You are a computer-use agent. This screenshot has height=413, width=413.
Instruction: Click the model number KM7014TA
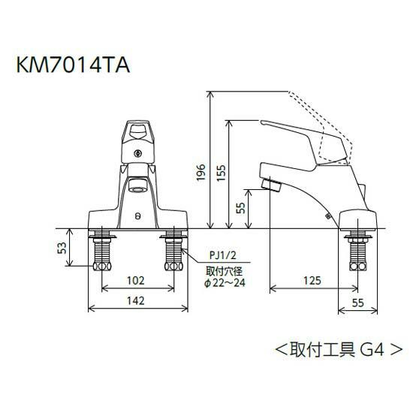[x=73, y=65]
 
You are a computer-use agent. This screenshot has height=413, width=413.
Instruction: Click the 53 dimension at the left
[x=65, y=248]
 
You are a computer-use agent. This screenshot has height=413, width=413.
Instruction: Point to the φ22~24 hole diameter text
[x=225, y=282]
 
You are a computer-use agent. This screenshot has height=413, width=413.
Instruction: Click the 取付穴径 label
[x=223, y=269]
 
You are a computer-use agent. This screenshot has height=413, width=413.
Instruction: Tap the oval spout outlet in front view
[x=136, y=185]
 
